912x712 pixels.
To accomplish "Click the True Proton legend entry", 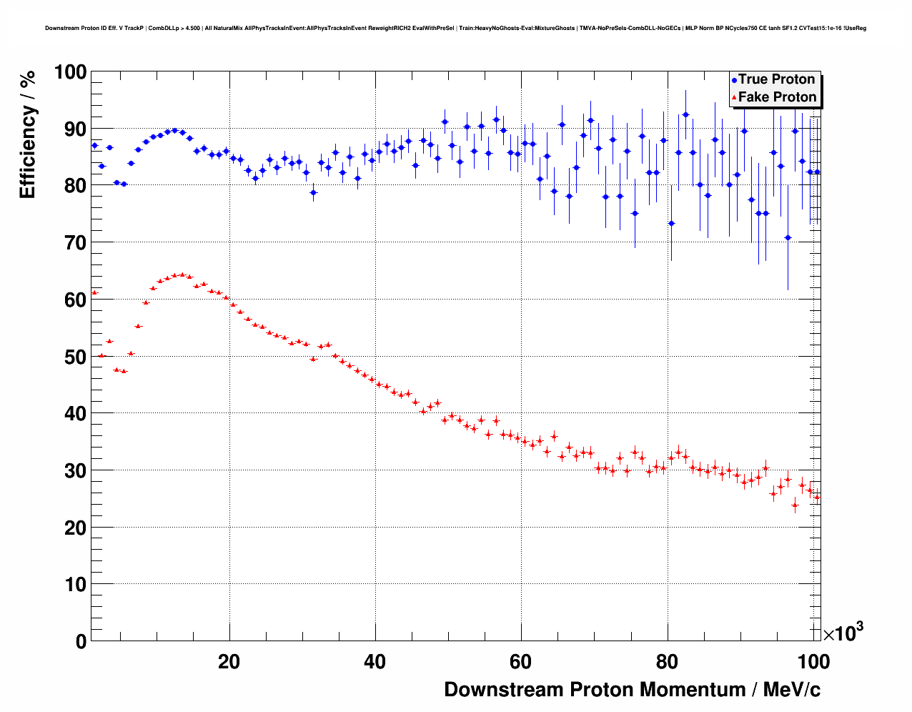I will point(776,79).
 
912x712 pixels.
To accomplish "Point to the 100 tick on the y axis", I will point(70,72).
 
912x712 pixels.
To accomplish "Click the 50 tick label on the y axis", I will point(70,357).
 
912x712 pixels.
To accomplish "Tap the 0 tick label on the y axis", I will point(79,641).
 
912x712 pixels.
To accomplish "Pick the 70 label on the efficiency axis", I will point(70,243).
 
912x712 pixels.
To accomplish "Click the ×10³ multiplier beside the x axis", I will point(843,633).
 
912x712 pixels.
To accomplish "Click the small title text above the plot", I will point(455,29).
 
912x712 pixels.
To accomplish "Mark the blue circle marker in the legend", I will point(734,80).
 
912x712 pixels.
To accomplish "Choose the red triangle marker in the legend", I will point(734,98).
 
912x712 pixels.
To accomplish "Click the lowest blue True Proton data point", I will point(788,237).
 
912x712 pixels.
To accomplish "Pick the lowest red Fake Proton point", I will point(795,505).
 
